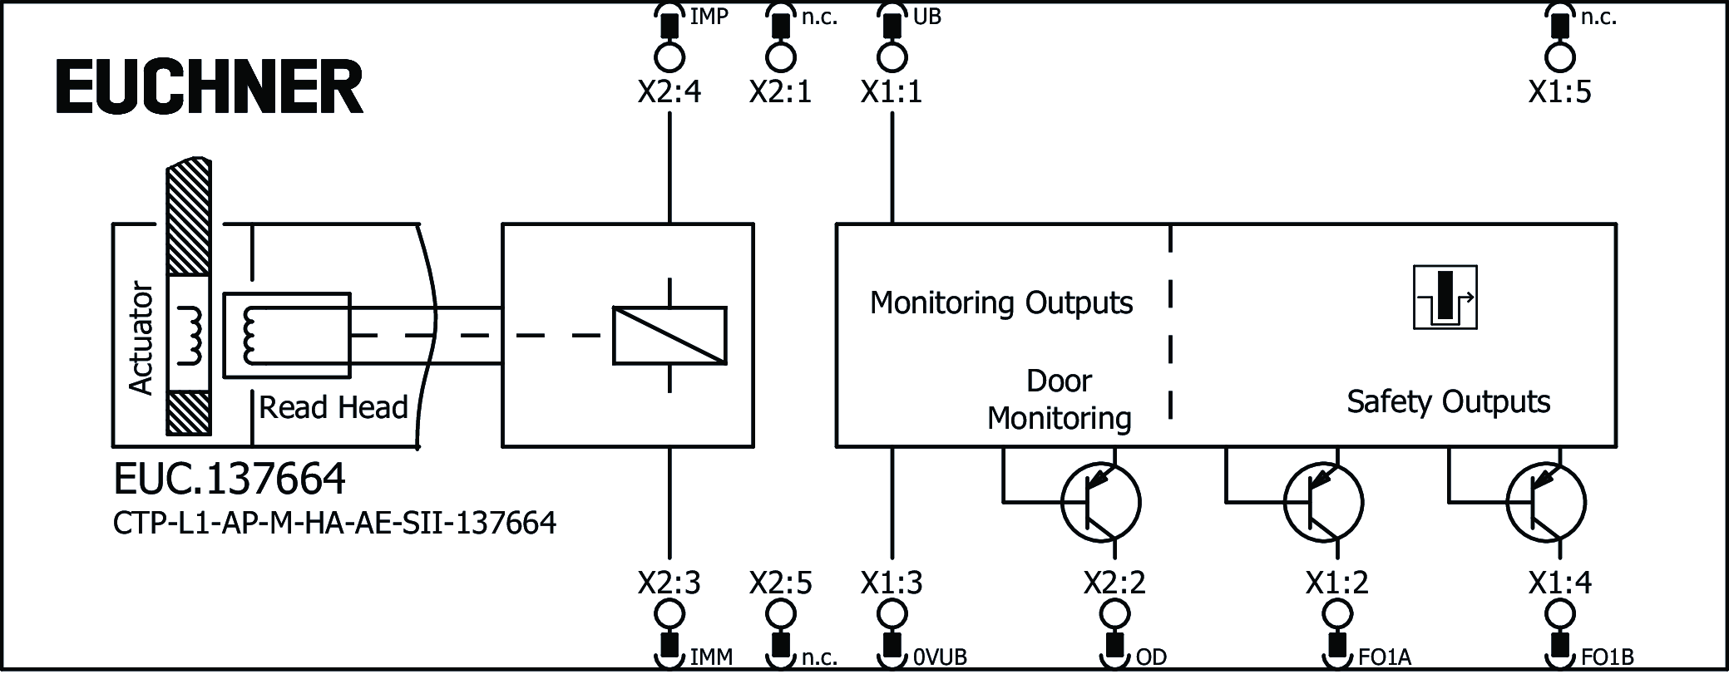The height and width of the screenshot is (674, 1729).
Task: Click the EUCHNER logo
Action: pos(209,87)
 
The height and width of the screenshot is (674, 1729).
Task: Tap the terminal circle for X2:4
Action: pos(669,57)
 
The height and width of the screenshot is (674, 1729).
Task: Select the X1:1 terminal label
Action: pos(892,91)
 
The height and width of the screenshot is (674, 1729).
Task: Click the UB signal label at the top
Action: pos(926,17)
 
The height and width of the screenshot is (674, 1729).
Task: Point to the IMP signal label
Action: pos(709,17)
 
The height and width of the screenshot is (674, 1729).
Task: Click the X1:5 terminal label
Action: pos(1559,91)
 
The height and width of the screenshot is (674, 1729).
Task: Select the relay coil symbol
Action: pos(669,335)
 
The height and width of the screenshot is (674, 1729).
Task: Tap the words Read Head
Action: pos(333,407)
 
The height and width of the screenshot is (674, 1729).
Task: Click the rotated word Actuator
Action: pos(141,337)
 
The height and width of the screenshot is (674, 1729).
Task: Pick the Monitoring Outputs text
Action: pos(1000,303)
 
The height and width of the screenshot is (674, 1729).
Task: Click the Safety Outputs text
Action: pos(1448,401)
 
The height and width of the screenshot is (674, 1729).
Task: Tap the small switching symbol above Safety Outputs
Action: pos(1445,297)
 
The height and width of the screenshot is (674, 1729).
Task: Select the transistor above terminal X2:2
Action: pos(1100,502)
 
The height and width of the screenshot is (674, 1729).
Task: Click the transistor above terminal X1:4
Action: pos(1546,502)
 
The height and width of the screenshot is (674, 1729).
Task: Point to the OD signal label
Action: pos(1151,657)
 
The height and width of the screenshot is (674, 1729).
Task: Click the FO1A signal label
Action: pos(1386,657)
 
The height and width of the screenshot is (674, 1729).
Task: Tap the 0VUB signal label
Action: pos(940,657)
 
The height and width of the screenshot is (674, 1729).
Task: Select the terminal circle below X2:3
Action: pos(669,614)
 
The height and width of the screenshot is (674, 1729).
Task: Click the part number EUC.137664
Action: pos(230,479)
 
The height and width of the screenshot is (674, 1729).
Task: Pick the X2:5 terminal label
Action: pos(780,583)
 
